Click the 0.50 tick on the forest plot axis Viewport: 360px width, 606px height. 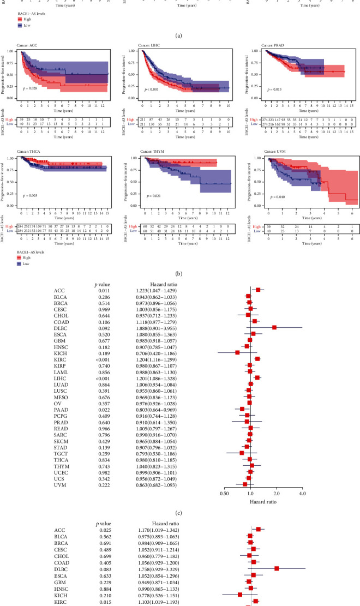point(225,479)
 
